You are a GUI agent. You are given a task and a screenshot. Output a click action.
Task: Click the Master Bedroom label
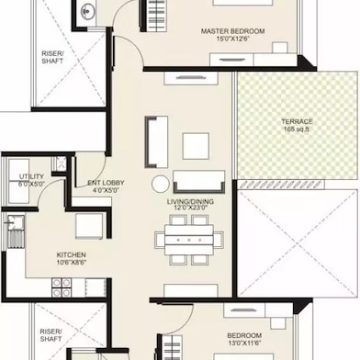coord(232,31)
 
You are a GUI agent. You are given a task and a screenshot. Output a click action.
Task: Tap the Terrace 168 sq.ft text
coord(296,127)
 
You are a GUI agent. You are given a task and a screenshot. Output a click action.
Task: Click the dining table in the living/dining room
coord(188,241)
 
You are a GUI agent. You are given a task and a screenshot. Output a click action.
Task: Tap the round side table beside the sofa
coord(161,183)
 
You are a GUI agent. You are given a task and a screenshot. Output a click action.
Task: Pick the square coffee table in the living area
coord(195,146)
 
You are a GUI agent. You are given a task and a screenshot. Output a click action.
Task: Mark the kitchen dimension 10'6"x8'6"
coord(73,264)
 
